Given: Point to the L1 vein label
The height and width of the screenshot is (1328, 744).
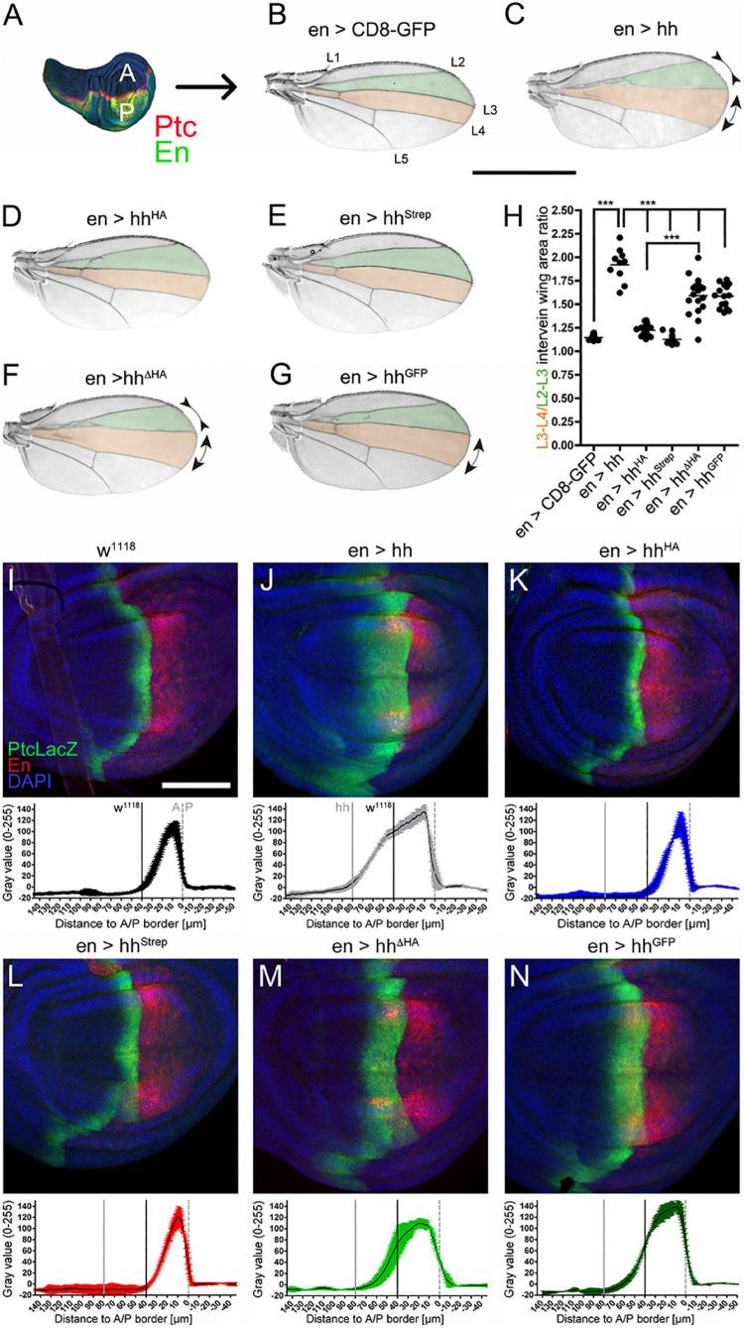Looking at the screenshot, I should point(333,59).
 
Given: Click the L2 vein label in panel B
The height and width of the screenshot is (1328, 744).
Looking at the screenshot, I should point(457,63).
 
